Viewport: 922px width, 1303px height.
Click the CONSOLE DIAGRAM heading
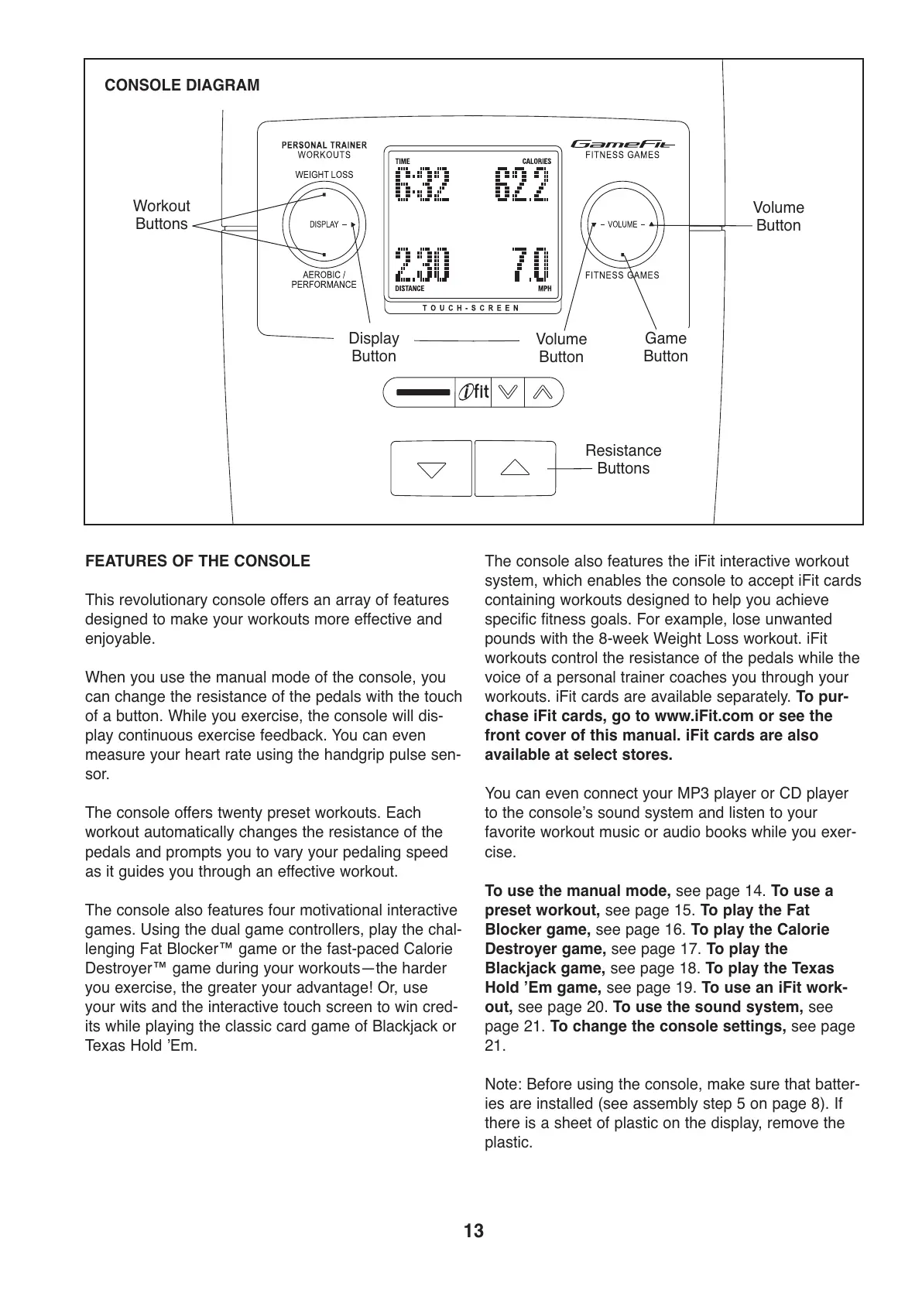182,85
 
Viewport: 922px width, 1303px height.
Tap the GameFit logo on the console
622,143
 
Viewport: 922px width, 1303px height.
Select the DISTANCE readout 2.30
422,265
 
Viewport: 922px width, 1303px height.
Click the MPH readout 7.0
530,265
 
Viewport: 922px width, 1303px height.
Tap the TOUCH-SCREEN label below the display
471,308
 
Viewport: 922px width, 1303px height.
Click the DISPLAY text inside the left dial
324,224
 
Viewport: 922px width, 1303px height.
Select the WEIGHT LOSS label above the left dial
324,175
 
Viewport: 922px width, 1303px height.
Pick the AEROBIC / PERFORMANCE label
324,279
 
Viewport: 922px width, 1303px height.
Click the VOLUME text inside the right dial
622,224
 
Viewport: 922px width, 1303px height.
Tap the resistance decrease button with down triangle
431,468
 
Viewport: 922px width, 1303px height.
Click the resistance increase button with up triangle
515,468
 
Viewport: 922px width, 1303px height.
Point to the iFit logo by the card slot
474,392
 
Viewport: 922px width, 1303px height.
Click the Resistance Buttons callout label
623,460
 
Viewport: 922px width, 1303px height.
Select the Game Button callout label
665,347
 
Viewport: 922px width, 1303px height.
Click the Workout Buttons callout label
161,215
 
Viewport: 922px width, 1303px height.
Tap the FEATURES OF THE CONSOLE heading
197,561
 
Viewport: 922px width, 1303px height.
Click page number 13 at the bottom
474,1231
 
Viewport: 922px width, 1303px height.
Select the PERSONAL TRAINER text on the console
324,145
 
